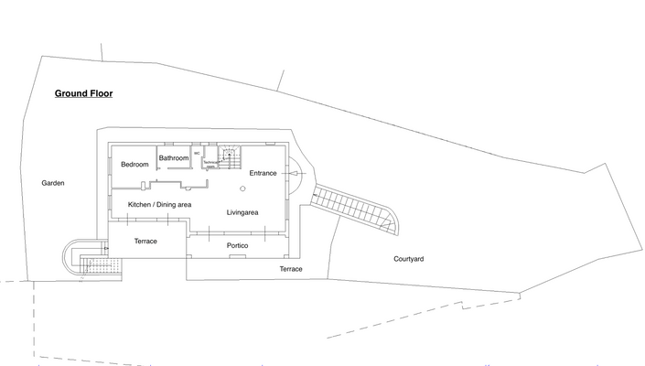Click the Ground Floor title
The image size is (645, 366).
(x=83, y=93)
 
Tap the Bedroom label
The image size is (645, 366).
(x=134, y=165)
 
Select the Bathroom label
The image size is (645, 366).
(x=174, y=158)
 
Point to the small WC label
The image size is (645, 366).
(x=197, y=153)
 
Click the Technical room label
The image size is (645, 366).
(x=210, y=164)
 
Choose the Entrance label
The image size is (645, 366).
(x=263, y=173)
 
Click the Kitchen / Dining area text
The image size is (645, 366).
(x=159, y=204)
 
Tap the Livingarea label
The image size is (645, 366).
(x=242, y=212)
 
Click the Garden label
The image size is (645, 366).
(x=53, y=183)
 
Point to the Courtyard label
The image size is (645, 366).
(x=408, y=259)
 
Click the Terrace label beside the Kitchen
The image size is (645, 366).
(x=145, y=241)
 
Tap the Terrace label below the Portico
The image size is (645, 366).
(x=291, y=269)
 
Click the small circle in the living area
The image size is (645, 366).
(x=242, y=188)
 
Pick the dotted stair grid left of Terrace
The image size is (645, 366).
(x=95, y=265)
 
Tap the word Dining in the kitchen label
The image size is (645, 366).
(x=165, y=204)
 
